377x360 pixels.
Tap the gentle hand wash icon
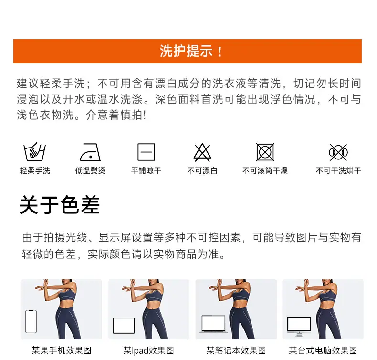click(x=35, y=152)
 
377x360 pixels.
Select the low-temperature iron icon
click(x=90, y=152)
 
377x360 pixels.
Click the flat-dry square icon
click(x=146, y=152)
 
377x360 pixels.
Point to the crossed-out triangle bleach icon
click(x=202, y=152)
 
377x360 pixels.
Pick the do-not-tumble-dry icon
click(x=265, y=152)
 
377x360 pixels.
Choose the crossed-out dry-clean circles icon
click(x=338, y=152)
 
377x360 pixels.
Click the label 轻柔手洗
click(x=35, y=171)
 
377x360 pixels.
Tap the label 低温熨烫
click(x=90, y=171)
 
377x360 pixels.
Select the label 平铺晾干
click(x=146, y=171)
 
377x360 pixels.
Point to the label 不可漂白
click(x=202, y=171)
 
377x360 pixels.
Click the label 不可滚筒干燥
click(x=265, y=171)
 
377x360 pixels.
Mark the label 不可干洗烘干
click(x=338, y=171)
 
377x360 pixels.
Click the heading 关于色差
click(x=60, y=205)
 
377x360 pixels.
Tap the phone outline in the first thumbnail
click(x=31, y=321)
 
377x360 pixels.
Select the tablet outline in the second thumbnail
click(x=124, y=326)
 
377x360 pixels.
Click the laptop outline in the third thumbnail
click(x=213, y=324)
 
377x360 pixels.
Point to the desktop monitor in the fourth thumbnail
click(x=299, y=326)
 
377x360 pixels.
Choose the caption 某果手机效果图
click(x=62, y=350)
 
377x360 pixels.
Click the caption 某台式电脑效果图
click(x=323, y=350)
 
